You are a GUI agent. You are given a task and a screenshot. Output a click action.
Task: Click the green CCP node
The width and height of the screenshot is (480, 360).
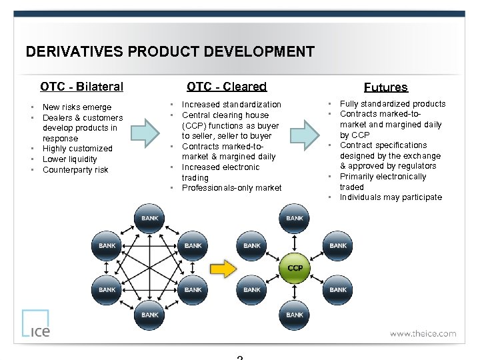pyautogui.click(x=295, y=267)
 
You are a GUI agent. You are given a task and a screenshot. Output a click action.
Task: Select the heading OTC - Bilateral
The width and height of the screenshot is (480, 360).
pyautogui.click(x=81, y=87)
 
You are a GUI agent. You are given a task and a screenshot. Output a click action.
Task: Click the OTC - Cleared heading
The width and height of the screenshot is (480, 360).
pyautogui.click(x=227, y=87)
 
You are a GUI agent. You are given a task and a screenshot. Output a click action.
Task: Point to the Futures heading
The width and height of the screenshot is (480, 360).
pyautogui.click(x=385, y=87)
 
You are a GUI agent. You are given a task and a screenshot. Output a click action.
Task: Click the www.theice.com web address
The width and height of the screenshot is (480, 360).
pyautogui.click(x=423, y=333)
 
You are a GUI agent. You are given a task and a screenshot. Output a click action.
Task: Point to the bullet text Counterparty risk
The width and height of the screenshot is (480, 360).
pyautogui.click(x=75, y=170)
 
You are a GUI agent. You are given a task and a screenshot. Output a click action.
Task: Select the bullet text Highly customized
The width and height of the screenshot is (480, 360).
pyautogui.click(x=77, y=149)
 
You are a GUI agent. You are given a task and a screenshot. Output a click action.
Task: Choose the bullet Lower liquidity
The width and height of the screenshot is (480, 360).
pyautogui.click(x=69, y=159)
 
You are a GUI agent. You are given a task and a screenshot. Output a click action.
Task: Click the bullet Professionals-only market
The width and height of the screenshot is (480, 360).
pyautogui.click(x=231, y=188)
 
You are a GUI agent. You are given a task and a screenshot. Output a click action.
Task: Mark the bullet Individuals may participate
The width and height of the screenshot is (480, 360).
pyautogui.click(x=391, y=197)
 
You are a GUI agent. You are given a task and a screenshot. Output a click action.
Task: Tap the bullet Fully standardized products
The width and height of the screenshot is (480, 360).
pyautogui.click(x=393, y=104)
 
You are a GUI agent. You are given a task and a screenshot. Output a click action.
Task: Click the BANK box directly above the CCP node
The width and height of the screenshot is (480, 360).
pyautogui.click(x=295, y=218)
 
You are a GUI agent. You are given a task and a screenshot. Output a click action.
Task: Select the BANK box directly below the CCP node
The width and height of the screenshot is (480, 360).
pyautogui.click(x=295, y=315)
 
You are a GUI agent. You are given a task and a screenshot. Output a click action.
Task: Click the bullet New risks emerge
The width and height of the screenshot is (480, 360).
pyautogui.click(x=77, y=107)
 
